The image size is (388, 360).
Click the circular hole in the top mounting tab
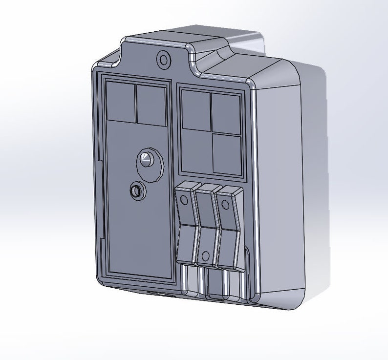164,61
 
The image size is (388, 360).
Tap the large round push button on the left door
147,160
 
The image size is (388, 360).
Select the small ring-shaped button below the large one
136,191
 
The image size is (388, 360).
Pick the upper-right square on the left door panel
151,105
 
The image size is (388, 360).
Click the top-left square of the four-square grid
195,110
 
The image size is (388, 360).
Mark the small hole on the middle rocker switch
205,255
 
